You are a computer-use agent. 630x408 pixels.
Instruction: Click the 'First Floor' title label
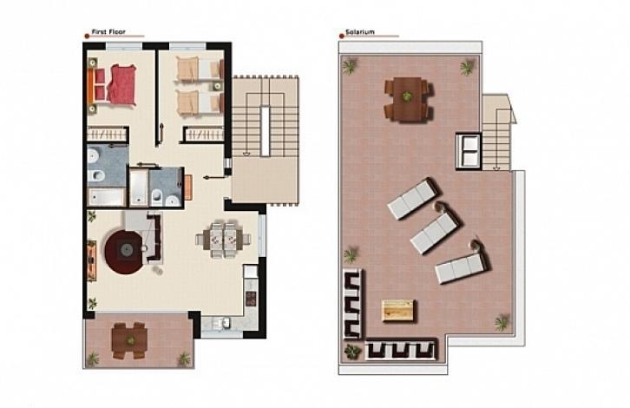point(108,32)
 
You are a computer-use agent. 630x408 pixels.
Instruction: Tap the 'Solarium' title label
point(360,32)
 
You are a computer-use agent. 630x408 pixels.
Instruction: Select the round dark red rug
point(124,252)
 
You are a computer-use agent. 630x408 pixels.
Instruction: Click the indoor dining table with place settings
point(223,240)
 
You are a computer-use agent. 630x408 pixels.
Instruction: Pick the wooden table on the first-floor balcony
point(129,340)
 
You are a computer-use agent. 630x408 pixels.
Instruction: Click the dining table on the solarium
point(407,98)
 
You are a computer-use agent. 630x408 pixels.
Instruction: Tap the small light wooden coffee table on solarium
point(397,310)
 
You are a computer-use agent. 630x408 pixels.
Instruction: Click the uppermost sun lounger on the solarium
point(412,199)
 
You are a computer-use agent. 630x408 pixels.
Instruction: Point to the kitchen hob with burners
point(251,299)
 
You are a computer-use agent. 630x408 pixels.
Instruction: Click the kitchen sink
point(220,322)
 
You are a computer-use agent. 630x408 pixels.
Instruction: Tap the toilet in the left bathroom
point(96,175)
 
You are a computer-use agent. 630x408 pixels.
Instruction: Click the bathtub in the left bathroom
point(107,197)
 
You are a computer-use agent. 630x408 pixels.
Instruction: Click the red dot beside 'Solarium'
point(342,36)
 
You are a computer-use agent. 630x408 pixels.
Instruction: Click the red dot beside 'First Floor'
point(87,36)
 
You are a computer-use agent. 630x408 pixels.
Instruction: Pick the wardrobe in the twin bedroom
point(204,135)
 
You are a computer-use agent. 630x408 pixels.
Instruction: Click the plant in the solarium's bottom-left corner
point(352,352)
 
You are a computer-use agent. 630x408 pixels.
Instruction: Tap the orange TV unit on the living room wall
point(92,260)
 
